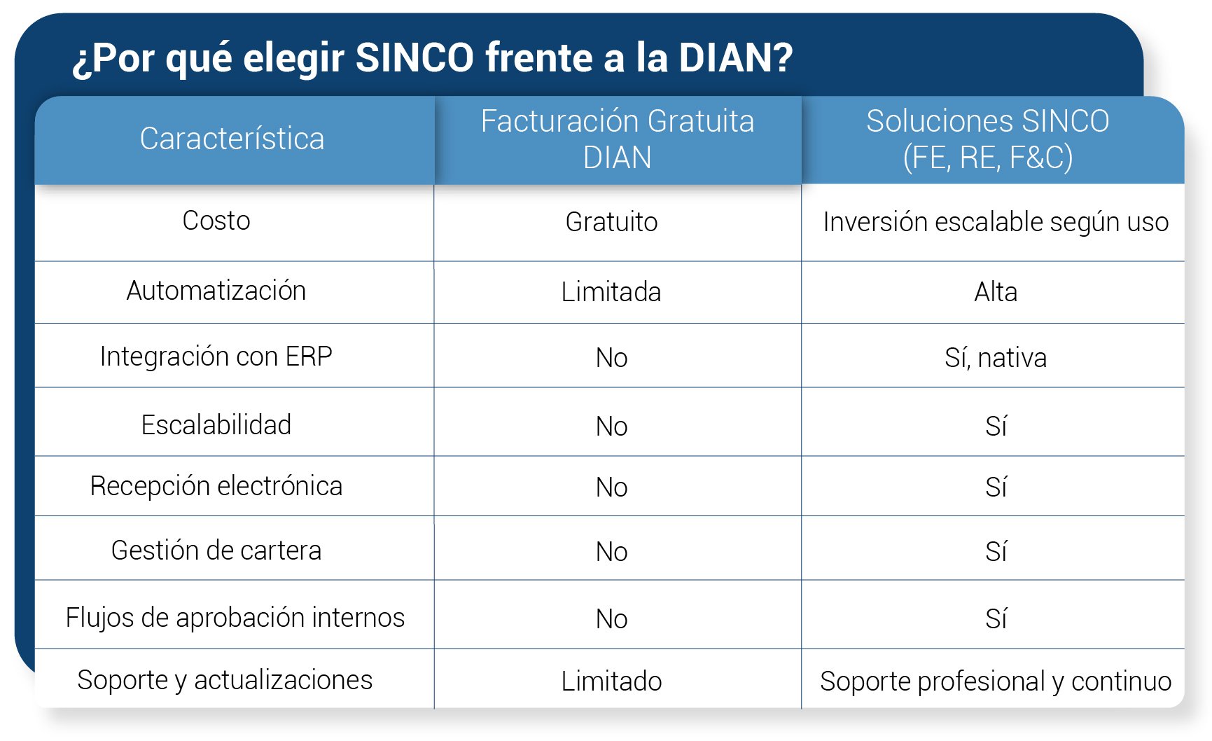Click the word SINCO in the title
pyautogui.click(x=415, y=57)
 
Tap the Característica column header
pyautogui.click(x=232, y=139)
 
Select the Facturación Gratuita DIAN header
pyautogui.click(x=617, y=139)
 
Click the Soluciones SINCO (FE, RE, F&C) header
pyautogui.click(x=987, y=139)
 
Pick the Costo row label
pyautogui.click(x=216, y=221)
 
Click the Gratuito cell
pyautogui.click(x=611, y=222)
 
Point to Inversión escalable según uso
pyautogui.click(x=996, y=222)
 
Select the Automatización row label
pyautogui.click(x=216, y=291)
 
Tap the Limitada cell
pyautogui.click(x=611, y=292)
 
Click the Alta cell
pyautogui.click(x=996, y=292)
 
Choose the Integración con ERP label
pyautogui.click(x=216, y=356)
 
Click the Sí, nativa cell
pyautogui.click(x=996, y=358)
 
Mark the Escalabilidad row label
pyautogui.click(x=216, y=425)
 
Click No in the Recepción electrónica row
pyautogui.click(x=611, y=487)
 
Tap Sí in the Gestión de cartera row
pyautogui.click(x=996, y=552)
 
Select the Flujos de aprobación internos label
pyautogui.click(x=235, y=618)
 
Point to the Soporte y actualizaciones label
pyautogui.click(x=225, y=680)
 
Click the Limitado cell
pyautogui.click(x=611, y=681)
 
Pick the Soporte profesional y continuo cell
pyautogui.click(x=996, y=681)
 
